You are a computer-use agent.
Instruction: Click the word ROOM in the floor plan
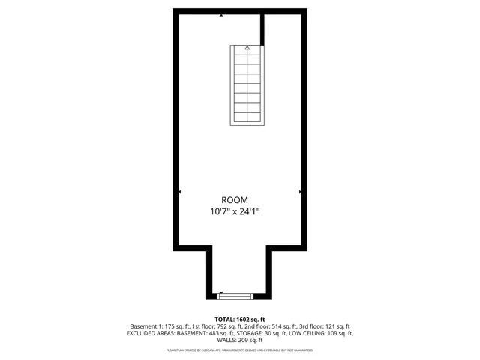point(240,199)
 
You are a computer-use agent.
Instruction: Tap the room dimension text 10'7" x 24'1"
point(240,212)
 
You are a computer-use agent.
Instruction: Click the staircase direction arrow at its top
point(247,48)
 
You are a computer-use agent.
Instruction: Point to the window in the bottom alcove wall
point(240,295)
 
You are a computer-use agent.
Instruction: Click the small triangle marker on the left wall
point(180,193)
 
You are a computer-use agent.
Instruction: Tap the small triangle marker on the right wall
point(300,193)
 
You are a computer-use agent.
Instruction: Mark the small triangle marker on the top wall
point(221,15)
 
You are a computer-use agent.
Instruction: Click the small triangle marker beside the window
point(221,292)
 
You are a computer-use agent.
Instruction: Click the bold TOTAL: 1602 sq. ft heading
point(240,319)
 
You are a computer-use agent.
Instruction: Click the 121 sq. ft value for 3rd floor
point(337,326)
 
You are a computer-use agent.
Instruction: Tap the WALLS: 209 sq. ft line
point(240,340)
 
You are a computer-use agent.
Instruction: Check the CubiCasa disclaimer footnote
point(240,349)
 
